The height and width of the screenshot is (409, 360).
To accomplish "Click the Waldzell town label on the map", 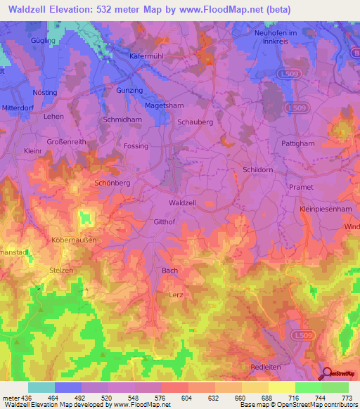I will click(x=182, y=202).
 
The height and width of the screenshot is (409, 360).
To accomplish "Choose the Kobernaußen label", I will click(x=72, y=240).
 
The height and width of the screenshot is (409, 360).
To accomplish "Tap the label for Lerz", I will click(x=176, y=295).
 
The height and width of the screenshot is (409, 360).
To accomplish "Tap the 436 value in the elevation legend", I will click(x=27, y=398).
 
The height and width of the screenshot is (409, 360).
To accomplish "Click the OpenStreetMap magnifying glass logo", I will click(x=328, y=373).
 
